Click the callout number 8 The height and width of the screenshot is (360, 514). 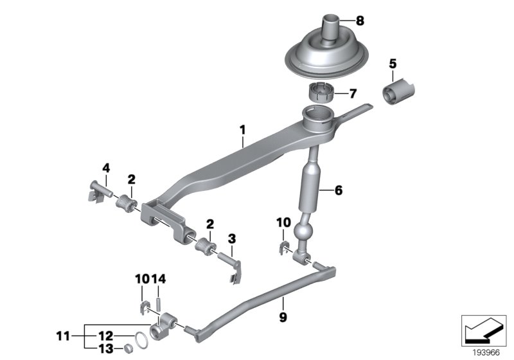click(359, 21)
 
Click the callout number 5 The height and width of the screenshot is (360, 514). click(393, 64)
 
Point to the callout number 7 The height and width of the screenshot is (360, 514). click(352, 93)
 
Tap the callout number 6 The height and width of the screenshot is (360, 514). click(339, 190)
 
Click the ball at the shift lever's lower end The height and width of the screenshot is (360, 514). click(302, 231)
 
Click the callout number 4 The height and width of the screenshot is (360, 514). click(106, 169)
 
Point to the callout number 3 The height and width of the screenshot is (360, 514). click(232, 239)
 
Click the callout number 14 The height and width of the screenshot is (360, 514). click(159, 278)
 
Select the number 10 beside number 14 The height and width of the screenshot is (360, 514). click(142, 278)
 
